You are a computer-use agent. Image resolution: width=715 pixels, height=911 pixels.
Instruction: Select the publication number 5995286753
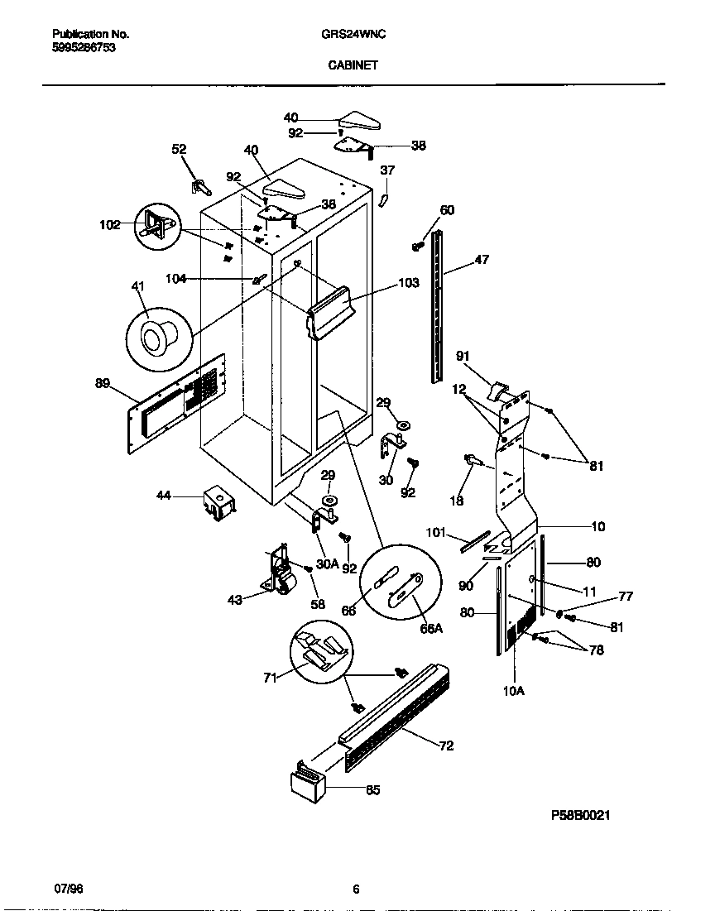83,48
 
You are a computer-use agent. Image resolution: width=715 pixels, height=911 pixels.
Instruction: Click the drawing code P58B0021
580,815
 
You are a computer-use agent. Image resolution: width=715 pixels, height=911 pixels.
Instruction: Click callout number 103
409,283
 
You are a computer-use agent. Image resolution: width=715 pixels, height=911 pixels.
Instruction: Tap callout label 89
103,382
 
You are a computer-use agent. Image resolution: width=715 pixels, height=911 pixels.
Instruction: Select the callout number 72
446,746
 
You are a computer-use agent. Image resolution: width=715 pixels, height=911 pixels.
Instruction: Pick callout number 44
164,495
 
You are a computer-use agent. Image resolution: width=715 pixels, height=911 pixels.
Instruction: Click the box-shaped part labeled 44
218,503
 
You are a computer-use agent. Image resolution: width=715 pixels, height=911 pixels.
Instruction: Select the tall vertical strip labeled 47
436,306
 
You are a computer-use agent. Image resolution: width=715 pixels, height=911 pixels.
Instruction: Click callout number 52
179,149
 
